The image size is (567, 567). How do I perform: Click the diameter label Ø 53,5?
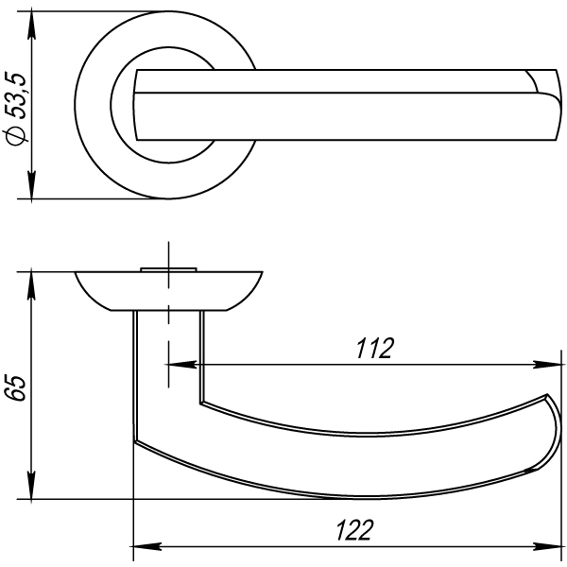(x=16, y=110)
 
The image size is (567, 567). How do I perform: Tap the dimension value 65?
(x=17, y=388)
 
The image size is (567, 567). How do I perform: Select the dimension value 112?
(x=374, y=349)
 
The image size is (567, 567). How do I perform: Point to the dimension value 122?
(x=354, y=530)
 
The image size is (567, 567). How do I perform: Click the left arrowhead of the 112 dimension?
(x=182, y=365)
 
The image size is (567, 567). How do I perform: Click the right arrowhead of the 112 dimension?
(x=548, y=365)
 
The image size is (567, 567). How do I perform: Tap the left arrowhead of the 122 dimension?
(x=147, y=546)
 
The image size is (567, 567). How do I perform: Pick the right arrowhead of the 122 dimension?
(x=548, y=546)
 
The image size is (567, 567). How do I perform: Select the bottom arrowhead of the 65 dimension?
(x=32, y=485)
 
